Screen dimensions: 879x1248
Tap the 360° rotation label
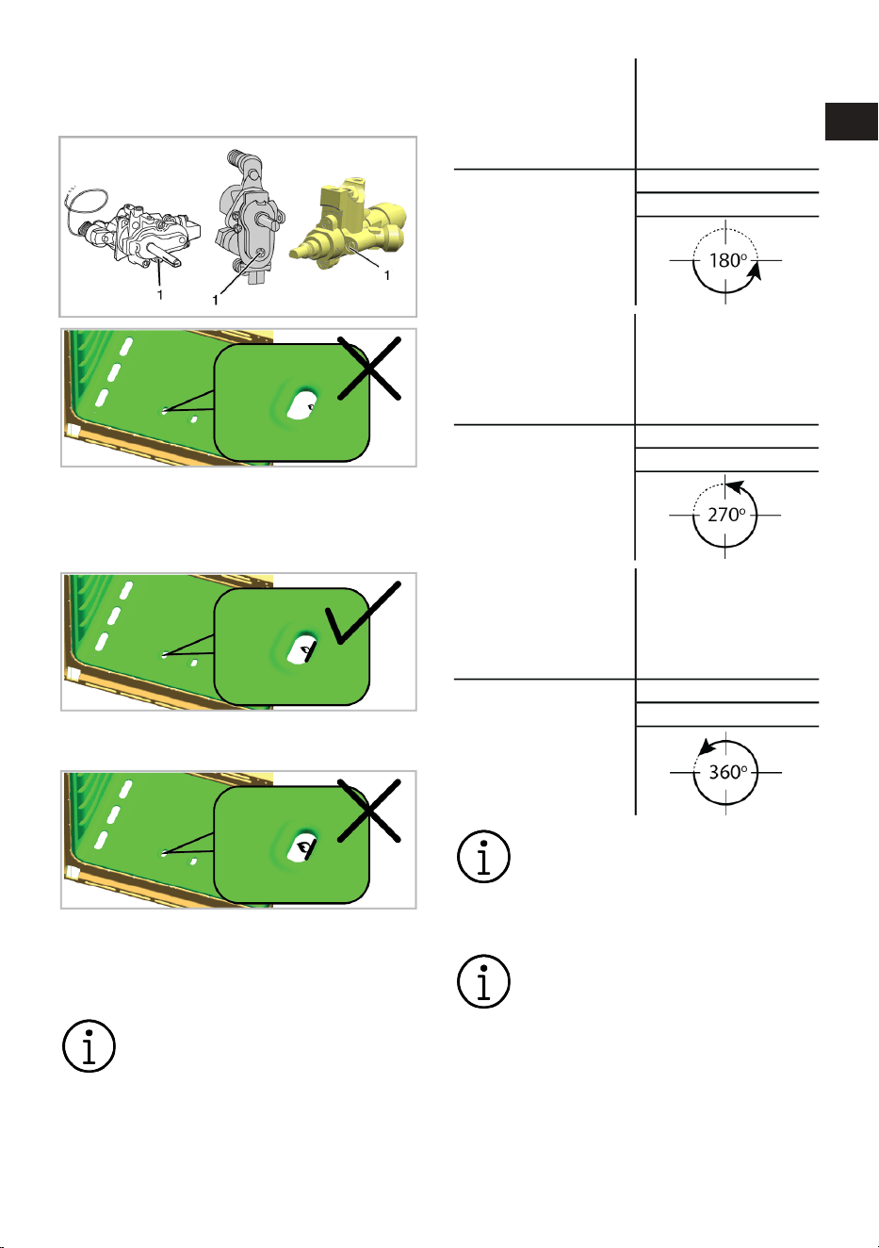727,772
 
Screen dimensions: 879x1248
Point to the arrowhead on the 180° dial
755,271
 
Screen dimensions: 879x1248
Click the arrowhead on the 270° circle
735,487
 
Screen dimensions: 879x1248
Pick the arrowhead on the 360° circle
708,747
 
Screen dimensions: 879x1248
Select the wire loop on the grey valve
85,206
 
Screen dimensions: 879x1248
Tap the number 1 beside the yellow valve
386,275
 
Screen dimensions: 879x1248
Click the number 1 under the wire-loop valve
160,295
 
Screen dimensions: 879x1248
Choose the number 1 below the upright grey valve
215,301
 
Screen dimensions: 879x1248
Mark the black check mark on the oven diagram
362,613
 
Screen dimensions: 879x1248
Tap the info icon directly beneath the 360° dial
483,857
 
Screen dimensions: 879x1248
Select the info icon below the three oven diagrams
89,1046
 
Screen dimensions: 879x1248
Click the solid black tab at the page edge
851,122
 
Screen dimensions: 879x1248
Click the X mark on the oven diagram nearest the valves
369,368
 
